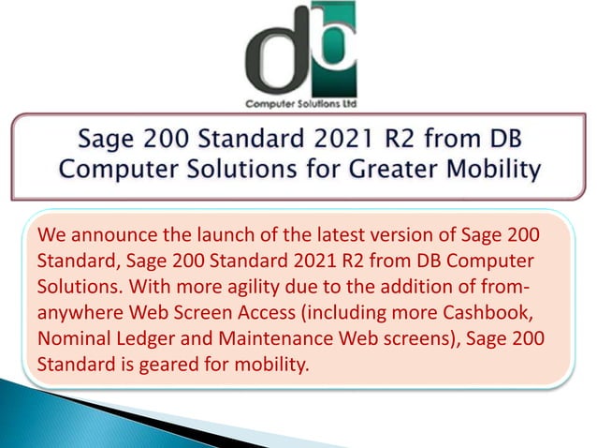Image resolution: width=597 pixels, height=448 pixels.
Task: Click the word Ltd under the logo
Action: pos(346,103)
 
